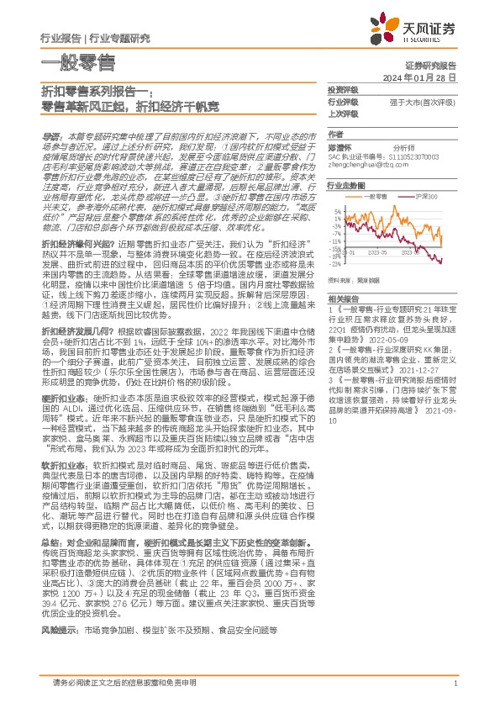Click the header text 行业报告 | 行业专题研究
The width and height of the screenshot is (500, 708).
(x=95, y=38)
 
